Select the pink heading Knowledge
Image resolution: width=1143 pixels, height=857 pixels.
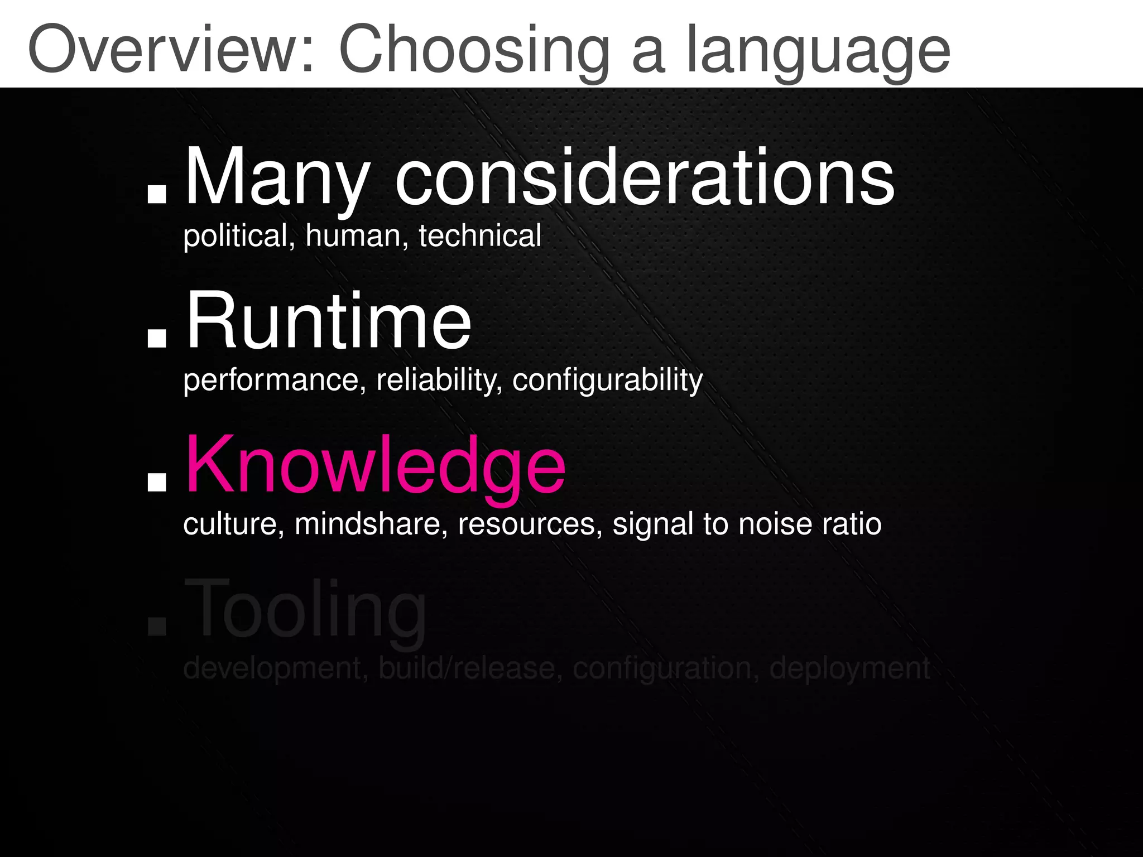(375, 466)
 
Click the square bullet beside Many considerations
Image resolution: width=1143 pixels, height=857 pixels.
(157, 192)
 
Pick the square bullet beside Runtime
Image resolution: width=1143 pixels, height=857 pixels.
(157, 338)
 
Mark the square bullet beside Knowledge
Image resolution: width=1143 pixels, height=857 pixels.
(157, 482)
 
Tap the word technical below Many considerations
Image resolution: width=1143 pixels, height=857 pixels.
(480, 236)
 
